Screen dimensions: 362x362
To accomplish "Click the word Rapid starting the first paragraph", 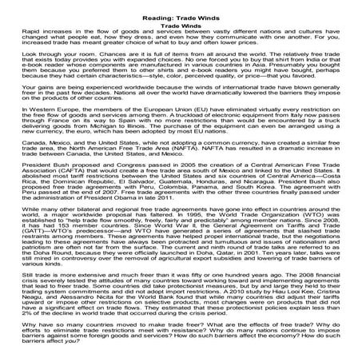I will (17, 33).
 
